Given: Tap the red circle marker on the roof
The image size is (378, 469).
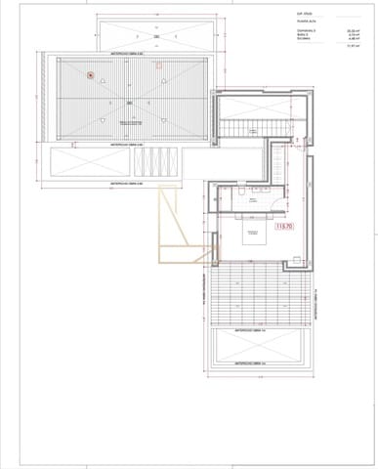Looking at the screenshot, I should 90,74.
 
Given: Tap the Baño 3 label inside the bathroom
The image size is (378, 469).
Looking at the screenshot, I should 252,199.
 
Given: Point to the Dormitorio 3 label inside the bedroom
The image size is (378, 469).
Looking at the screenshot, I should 255,232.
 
